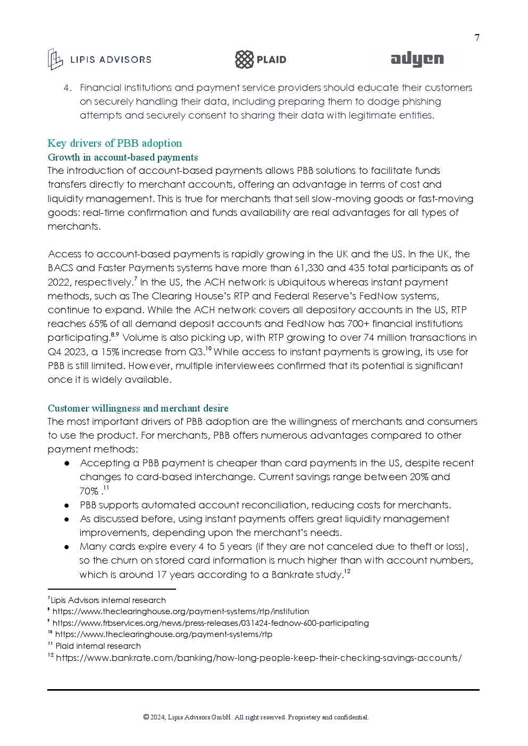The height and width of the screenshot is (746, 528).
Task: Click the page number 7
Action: click(477, 38)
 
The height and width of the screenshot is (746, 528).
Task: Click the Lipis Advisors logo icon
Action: click(55, 59)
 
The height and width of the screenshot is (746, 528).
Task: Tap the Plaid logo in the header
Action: click(261, 60)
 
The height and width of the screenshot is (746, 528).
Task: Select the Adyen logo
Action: click(417, 60)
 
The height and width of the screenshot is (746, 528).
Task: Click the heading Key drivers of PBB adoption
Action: click(114, 143)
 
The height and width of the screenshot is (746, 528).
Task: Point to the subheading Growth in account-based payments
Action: click(122, 157)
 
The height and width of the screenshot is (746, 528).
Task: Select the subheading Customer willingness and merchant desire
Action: click(138, 408)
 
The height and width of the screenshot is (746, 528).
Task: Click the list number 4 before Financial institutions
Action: click(67, 88)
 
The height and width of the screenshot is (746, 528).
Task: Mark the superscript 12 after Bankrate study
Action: click(347, 572)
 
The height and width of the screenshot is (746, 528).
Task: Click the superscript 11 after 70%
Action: click(106, 488)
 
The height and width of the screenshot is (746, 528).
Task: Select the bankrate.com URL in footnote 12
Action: click(258, 658)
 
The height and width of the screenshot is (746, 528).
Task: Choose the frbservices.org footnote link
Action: click(210, 623)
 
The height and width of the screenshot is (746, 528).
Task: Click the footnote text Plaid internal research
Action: click(98, 646)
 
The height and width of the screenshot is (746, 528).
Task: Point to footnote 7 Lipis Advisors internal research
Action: click(107, 600)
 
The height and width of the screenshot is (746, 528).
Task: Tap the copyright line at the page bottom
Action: click(256, 717)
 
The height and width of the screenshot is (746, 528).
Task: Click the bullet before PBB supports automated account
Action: click(68, 505)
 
